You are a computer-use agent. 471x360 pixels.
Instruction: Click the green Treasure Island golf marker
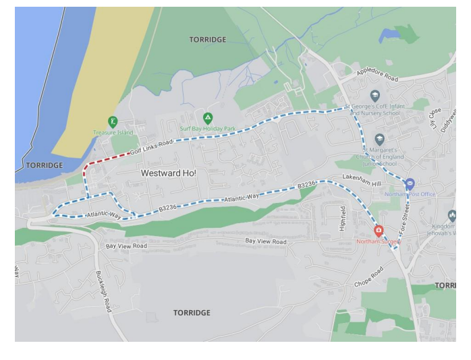click(x=113, y=122)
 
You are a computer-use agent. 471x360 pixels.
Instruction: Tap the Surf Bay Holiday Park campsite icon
click(x=208, y=118)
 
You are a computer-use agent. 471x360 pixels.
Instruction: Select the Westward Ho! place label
click(x=169, y=173)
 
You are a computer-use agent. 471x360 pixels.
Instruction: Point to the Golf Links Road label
click(x=151, y=148)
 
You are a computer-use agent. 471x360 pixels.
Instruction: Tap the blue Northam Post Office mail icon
click(x=410, y=183)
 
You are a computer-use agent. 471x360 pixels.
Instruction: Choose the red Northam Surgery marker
click(x=379, y=231)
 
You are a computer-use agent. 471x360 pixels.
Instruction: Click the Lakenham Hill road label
click(x=362, y=179)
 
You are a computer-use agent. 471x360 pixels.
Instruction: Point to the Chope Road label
click(x=368, y=277)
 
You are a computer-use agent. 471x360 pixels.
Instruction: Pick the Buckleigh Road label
click(x=103, y=291)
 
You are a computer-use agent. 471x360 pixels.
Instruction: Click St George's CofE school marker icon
click(x=375, y=96)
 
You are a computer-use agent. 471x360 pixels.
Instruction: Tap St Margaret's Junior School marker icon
click(x=379, y=140)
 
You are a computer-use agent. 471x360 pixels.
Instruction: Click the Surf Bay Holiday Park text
click(x=208, y=129)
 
